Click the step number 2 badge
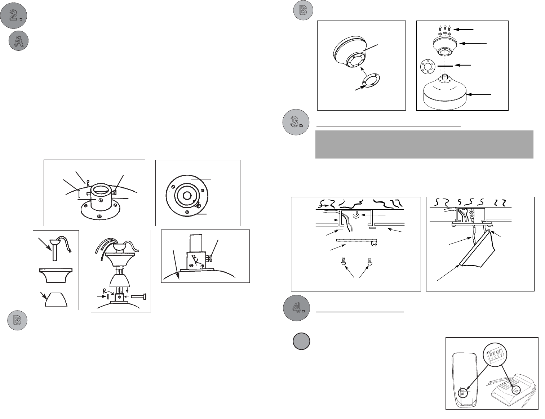tap(13, 16)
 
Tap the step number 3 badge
tap(296, 122)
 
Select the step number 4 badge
tap(296, 308)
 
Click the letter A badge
tap(18, 41)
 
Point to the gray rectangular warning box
tap(424, 144)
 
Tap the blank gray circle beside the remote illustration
tap(301, 341)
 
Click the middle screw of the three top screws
tap(445, 28)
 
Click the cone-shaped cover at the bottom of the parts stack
tap(56, 299)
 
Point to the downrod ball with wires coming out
tap(55, 242)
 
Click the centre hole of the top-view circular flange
tap(187, 195)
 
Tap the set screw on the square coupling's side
tap(209, 257)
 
